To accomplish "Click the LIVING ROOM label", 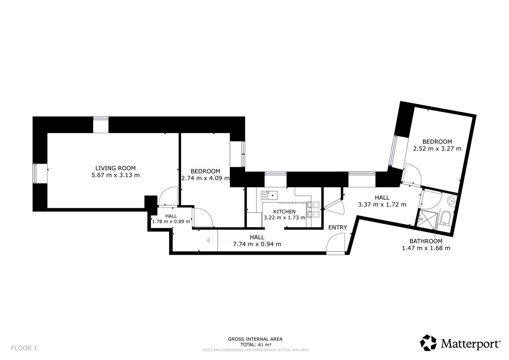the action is click(115, 168).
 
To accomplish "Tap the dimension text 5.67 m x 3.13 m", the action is click(115, 175).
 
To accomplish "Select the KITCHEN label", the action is click(284, 212).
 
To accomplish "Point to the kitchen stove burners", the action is click(313, 209).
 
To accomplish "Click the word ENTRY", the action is click(338, 227).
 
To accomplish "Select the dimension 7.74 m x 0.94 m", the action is click(257, 244).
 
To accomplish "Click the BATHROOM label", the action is click(426, 241).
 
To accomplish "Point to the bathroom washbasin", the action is click(452, 201).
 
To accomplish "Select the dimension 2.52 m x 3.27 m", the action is click(437, 149).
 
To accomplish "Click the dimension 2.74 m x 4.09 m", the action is click(205, 178).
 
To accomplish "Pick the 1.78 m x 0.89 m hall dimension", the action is click(171, 221).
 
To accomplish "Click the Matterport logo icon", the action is click(428, 343).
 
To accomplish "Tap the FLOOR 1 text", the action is click(24, 348).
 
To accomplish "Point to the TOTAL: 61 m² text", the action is click(256, 345).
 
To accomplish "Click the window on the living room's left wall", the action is click(34, 173).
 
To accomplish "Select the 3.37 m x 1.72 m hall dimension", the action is click(382, 204).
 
